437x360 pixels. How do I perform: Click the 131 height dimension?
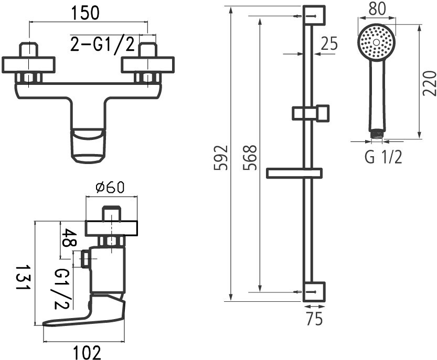[20, 281]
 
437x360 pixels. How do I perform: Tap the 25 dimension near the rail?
[329, 45]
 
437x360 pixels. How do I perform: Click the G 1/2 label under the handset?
[383, 157]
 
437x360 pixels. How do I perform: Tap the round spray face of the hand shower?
[376, 41]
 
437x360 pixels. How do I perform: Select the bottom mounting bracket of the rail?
[314, 291]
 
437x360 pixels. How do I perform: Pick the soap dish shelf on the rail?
[294, 173]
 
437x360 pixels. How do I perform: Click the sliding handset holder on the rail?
[310, 113]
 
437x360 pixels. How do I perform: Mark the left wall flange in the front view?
[28, 65]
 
